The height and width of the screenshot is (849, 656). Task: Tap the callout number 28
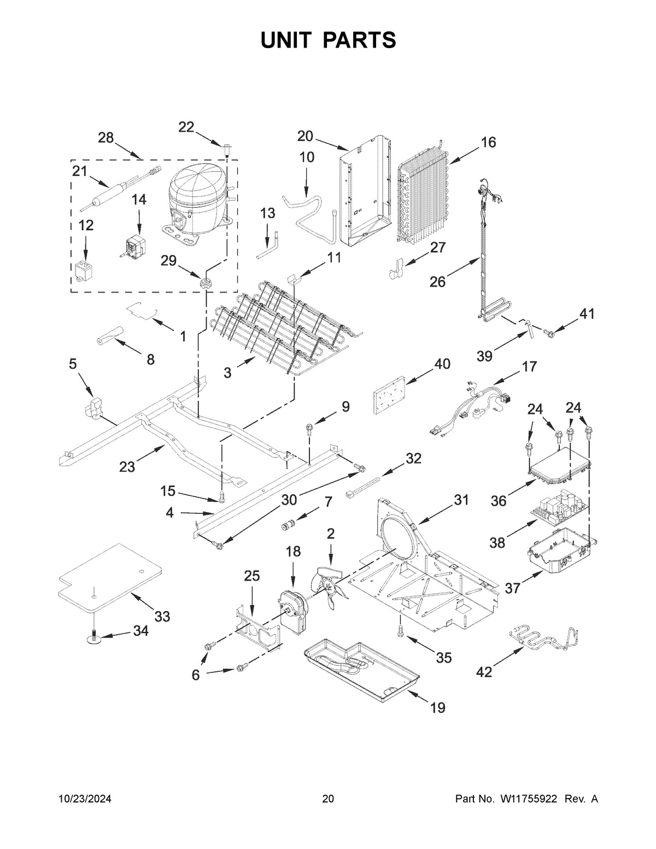tap(106, 138)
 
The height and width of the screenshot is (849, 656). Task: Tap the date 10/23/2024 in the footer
tap(85, 799)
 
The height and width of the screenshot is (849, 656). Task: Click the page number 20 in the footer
tap(328, 799)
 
